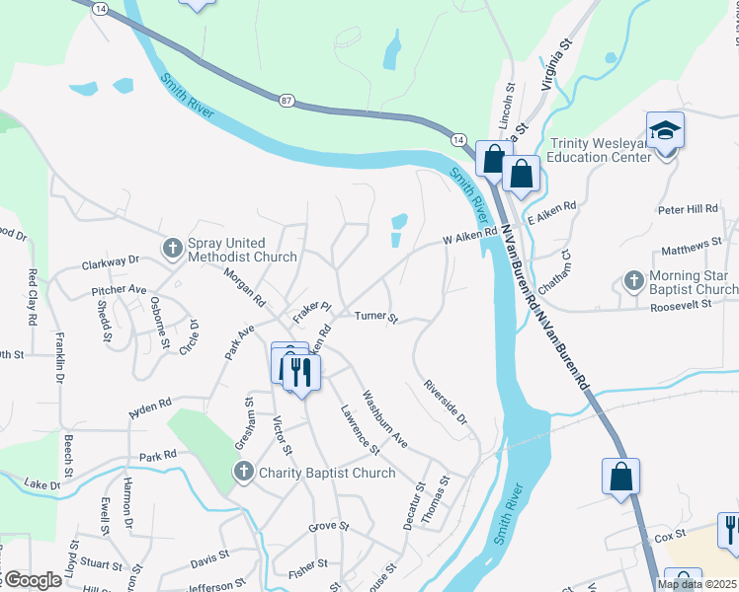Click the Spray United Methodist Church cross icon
pos(173,249)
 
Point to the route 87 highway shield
pos(287,101)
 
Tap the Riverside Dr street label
pos(445,402)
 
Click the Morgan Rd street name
pos(244,286)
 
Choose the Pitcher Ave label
pos(118,291)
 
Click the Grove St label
pos(329,527)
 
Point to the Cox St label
pos(670,539)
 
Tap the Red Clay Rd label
pos(33,298)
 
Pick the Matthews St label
pos(693,244)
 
